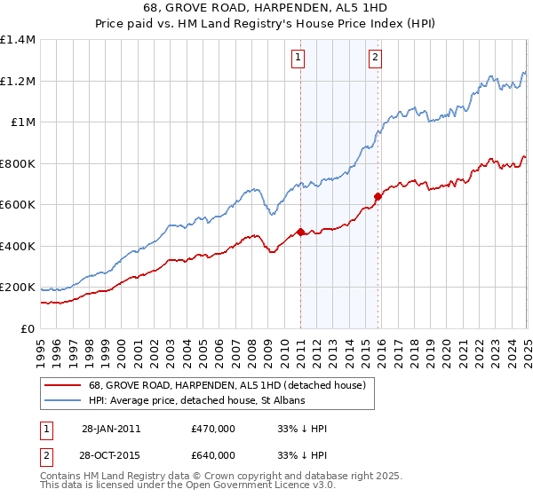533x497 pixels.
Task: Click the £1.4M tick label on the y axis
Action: (x=18, y=40)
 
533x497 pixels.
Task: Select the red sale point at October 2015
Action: (x=378, y=197)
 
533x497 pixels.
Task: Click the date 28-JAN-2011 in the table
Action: (x=111, y=429)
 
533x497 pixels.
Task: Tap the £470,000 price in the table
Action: (x=212, y=429)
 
